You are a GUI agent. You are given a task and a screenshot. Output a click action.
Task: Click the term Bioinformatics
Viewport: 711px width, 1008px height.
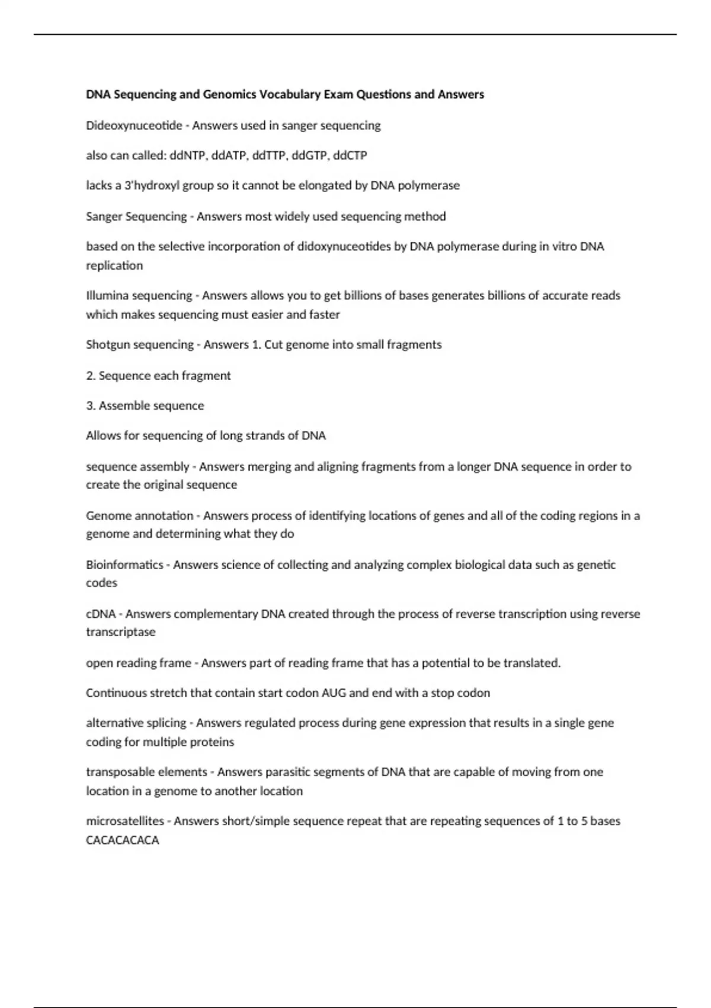pyautogui.click(x=124, y=565)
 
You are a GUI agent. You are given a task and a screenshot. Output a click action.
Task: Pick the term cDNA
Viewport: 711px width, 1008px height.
pyautogui.click(x=100, y=614)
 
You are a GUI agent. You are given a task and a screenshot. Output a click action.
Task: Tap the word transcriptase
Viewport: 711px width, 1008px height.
pyautogui.click(x=120, y=632)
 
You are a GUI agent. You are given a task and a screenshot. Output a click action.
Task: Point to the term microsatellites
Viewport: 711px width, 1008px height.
pyautogui.click(x=124, y=821)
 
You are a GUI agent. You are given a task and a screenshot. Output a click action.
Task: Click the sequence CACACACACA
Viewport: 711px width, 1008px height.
pyautogui.click(x=122, y=840)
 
